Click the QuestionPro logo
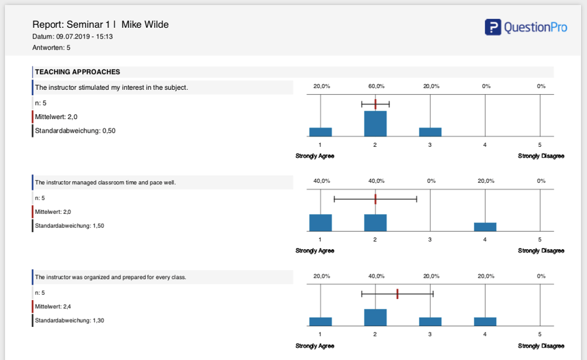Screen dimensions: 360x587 [x=526, y=27]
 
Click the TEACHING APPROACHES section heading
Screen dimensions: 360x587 [x=77, y=72]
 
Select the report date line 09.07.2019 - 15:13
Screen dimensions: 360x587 [x=72, y=36]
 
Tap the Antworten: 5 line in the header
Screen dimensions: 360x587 [x=51, y=48]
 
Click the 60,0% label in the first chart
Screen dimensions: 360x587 [x=376, y=86]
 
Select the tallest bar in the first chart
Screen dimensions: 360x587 [x=375, y=123]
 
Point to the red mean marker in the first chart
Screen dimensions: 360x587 [x=375, y=104]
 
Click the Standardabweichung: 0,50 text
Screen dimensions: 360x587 [x=75, y=131]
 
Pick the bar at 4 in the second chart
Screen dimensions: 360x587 [x=485, y=227]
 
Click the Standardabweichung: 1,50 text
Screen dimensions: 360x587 [x=69, y=226]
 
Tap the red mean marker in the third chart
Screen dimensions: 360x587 [x=398, y=294]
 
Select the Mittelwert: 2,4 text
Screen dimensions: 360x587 [x=53, y=307]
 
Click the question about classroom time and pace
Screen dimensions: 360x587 [x=105, y=183]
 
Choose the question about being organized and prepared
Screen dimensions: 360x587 [x=110, y=277]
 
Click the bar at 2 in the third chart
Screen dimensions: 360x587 [x=375, y=317]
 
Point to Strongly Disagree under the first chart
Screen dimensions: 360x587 [x=541, y=156]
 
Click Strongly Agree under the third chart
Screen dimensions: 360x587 [x=315, y=346]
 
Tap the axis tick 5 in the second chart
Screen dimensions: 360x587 [x=540, y=240]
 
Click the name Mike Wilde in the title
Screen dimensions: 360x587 [x=145, y=24]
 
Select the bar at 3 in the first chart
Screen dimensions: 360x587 [x=430, y=132]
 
